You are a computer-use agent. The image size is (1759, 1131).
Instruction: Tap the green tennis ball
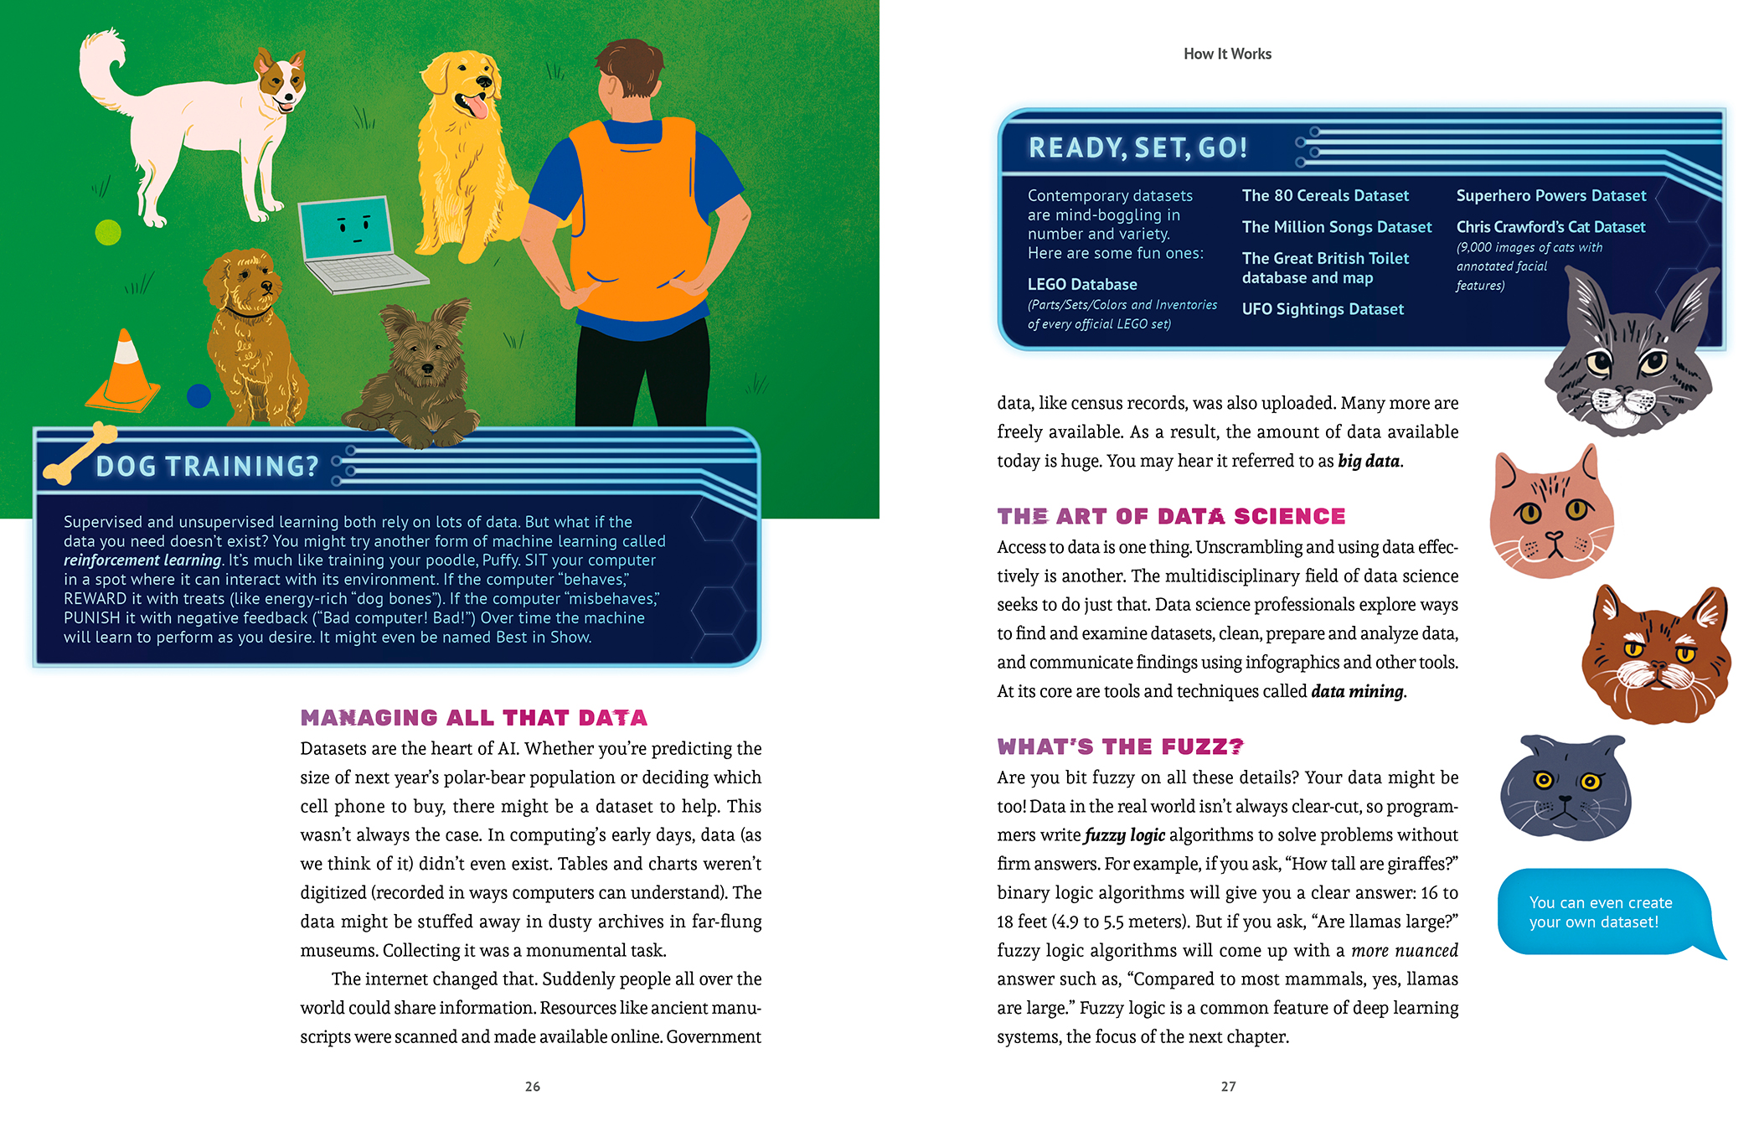pyautogui.click(x=108, y=232)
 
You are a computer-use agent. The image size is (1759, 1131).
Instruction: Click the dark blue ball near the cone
pyautogui.click(x=199, y=395)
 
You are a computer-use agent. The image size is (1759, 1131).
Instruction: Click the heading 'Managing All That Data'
pyautogui.click(x=473, y=718)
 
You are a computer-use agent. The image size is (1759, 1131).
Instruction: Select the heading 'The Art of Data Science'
pyautogui.click(x=1171, y=516)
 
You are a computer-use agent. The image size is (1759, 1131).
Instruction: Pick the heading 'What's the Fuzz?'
pyautogui.click(x=1120, y=746)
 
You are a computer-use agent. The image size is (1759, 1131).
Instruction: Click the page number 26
pyautogui.click(x=533, y=1087)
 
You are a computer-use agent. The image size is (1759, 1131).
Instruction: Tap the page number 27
pyautogui.click(x=1228, y=1087)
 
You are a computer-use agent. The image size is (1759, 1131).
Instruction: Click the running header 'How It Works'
pyautogui.click(x=1227, y=54)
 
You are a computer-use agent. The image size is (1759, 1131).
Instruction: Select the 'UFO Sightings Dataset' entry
pyautogui.click(x=1323, y=309)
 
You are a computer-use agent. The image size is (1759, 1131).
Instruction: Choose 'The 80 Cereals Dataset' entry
pyautogui.click(x=1325, y=196)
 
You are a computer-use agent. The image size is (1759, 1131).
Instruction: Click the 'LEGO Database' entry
pyautogui.click(x=1082, y=285)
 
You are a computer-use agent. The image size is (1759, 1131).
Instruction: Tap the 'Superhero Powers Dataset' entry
pyautogui.click(x=1550, y=196)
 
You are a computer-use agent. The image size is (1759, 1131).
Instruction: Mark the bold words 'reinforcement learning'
pyautogui.click(x=142, y=560)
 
